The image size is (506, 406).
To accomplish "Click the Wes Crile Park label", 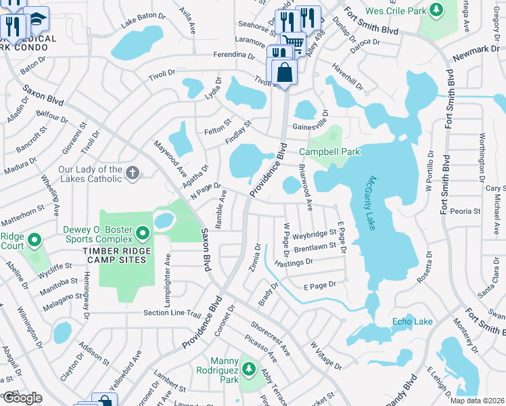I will coord(395,11).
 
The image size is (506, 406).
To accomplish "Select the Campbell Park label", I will coord(329,152).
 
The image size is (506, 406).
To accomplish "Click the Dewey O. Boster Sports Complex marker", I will coord(142,233).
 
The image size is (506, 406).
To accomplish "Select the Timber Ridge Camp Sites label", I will coord(114,254).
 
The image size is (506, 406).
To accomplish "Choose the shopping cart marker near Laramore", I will coord(293,43).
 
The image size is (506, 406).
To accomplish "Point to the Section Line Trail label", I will coord(172,313).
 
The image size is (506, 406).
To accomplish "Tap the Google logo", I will coord(22,398).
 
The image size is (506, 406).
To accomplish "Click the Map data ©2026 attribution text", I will coord(478,401).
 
